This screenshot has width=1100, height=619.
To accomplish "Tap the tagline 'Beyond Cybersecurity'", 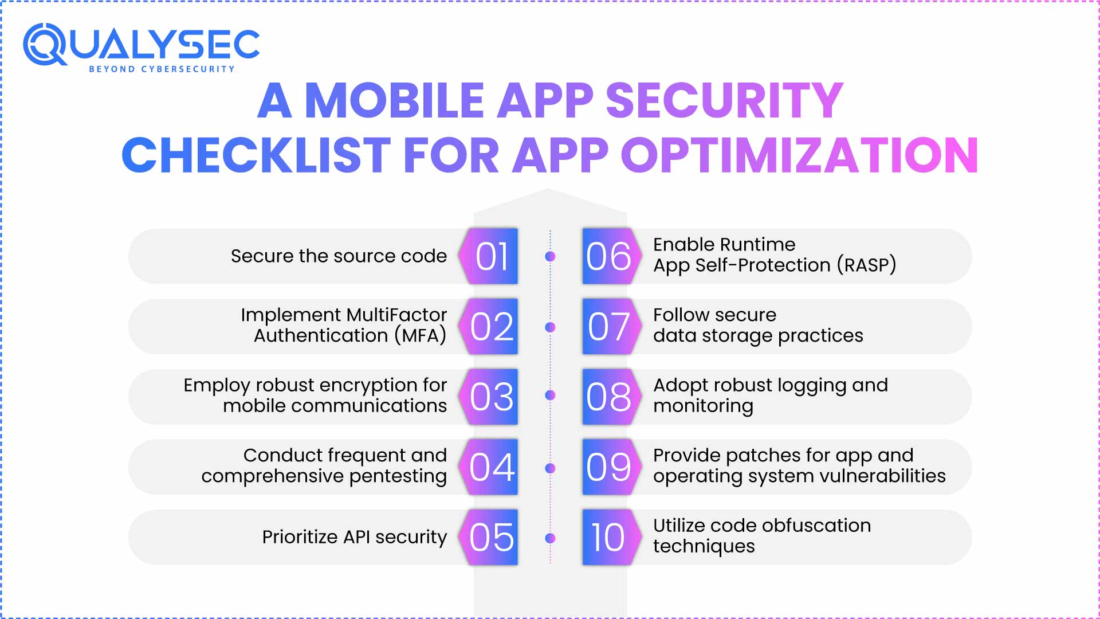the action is pos(162,69).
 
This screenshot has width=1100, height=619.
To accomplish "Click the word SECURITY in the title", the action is pos(724,100).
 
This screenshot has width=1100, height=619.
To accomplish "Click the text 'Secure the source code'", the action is pos(339,256).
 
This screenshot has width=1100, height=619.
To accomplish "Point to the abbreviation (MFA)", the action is pos(421,335).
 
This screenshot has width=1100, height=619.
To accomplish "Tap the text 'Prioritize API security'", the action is pos(354,537).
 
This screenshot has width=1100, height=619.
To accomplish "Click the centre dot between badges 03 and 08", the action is pos(550,395).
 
